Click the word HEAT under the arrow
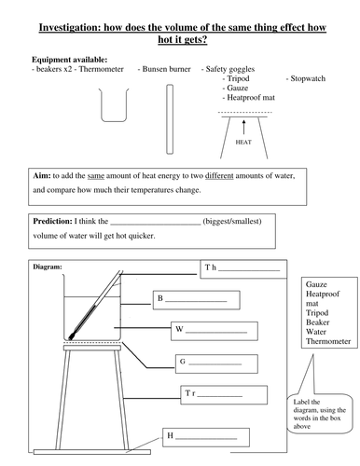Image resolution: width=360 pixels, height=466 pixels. [243, 142]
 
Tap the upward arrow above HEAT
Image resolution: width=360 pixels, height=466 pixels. [243, 128]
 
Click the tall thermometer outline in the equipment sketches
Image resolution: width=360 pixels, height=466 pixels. [170, 119]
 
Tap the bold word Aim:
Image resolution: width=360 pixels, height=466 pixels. [42, 175]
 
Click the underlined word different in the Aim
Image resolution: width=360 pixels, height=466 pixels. [219, 176]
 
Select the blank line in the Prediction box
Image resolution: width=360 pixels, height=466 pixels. [156, 224]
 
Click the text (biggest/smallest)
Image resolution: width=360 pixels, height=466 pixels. [232, 221]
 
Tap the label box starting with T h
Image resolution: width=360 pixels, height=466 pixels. [243, 269]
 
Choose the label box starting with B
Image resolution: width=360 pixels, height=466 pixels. [197, 300]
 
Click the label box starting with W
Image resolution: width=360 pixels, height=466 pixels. [215, 331]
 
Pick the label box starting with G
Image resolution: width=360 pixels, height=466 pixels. [216, 363]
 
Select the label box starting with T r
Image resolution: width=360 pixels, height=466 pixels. [224, 395]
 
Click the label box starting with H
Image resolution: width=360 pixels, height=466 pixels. [206, 437]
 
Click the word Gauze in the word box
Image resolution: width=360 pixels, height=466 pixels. [316, 284]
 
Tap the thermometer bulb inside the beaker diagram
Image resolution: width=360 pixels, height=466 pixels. [72, 336]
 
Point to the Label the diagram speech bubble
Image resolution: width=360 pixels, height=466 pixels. [320, 413]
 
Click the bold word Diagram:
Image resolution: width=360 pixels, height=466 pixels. [48, 267]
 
